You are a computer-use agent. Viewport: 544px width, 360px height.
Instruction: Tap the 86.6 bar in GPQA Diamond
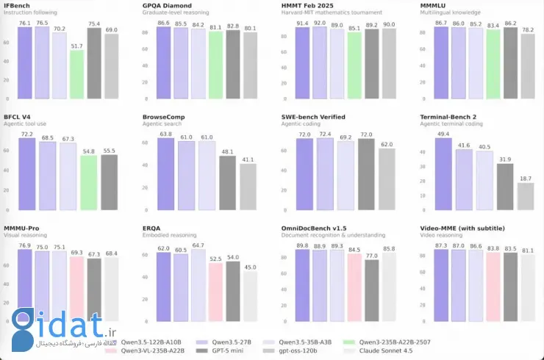163,63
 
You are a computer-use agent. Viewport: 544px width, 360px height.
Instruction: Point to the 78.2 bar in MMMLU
527,67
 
